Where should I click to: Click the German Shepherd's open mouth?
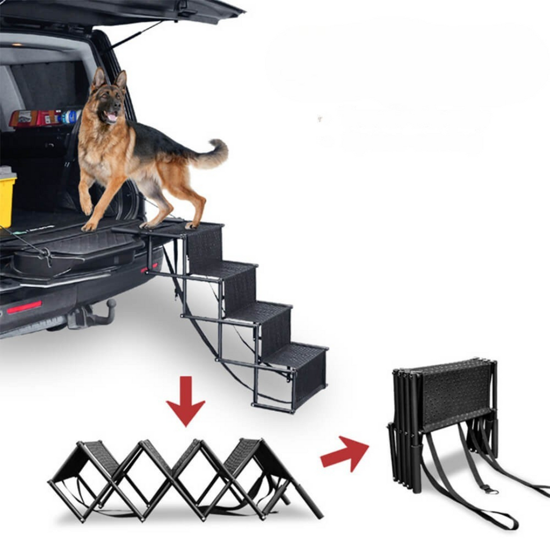click(x=111, y=117)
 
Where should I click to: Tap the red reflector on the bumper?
click(x=24, y=307)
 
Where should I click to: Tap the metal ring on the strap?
click(x=489, y=489)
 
